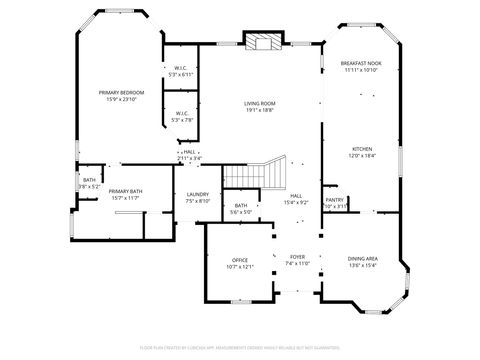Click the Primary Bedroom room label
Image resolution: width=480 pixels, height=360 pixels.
(121, 92)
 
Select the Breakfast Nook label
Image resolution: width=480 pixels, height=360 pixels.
(360, 63)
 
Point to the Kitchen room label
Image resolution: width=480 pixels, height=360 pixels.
(361, 150)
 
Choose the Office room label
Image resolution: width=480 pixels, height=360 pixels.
(240, 260)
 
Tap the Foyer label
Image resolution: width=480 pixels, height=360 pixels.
(297, 257)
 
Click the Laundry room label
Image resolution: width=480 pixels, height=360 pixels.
(197, 194)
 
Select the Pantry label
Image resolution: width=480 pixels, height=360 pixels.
(334, 199)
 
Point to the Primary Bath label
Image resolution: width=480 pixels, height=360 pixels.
(125, 191)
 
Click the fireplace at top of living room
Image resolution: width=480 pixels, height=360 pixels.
(265, 42)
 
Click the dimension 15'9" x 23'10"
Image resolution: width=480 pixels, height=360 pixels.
(121, 99)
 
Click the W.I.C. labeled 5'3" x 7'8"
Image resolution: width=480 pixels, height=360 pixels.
(182, 117)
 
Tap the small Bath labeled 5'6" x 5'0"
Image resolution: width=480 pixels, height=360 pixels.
(241, 208)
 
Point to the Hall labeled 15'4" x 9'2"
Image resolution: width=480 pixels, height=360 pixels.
(297, 199)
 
